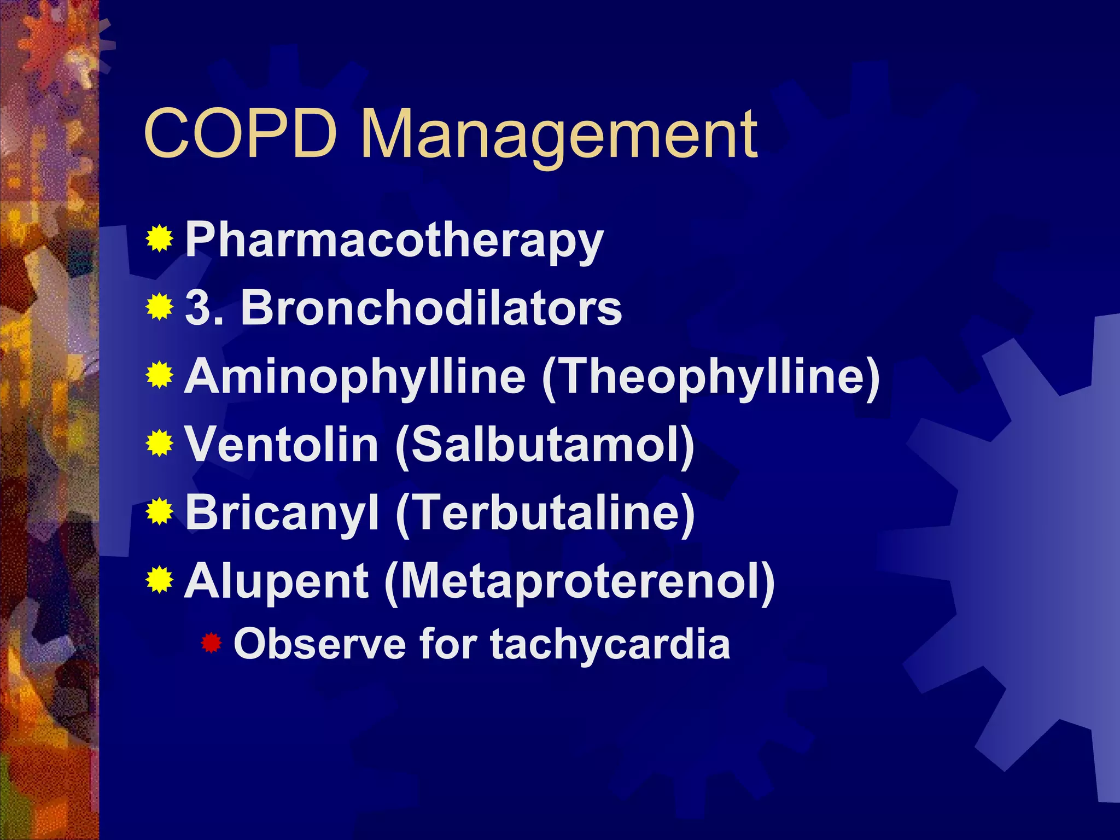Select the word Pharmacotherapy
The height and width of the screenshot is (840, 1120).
click(x=394, y=241)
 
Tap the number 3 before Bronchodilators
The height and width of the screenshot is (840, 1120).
click(x=199, y=308)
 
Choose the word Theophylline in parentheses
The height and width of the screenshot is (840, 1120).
click(x=711, y=377)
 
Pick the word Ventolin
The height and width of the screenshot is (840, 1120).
click(x=282, y=444)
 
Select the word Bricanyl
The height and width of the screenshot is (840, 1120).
click(x=282, y=512)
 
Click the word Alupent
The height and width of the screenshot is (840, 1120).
click(x=277, y=581)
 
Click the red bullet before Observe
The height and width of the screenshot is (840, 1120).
click(x=211, y=643)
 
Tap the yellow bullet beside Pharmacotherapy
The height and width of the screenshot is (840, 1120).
click(x=160, y=239)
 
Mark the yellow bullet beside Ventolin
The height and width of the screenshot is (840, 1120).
click(x=160, y=444)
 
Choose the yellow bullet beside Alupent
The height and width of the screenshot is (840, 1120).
click(x=160, y=580)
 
